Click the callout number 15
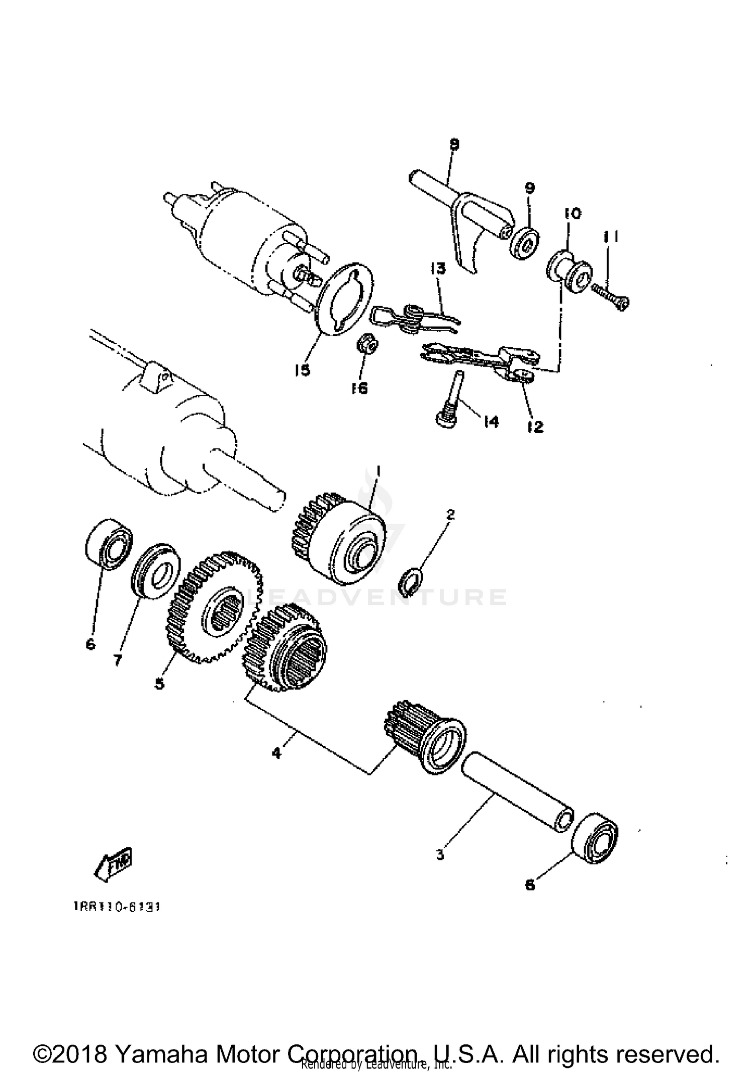(x=303, y=370)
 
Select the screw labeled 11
(x=610, y=297)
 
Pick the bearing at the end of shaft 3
(x=596, y=837)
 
